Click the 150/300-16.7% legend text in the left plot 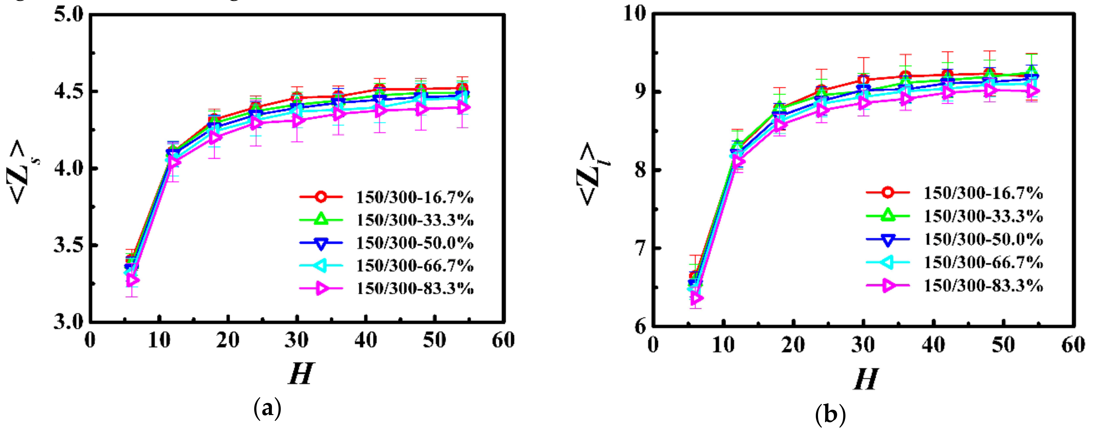[415, 197]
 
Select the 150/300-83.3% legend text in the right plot [983, 286]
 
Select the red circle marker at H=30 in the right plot [863, 79]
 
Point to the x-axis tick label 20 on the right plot [793, 345]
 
